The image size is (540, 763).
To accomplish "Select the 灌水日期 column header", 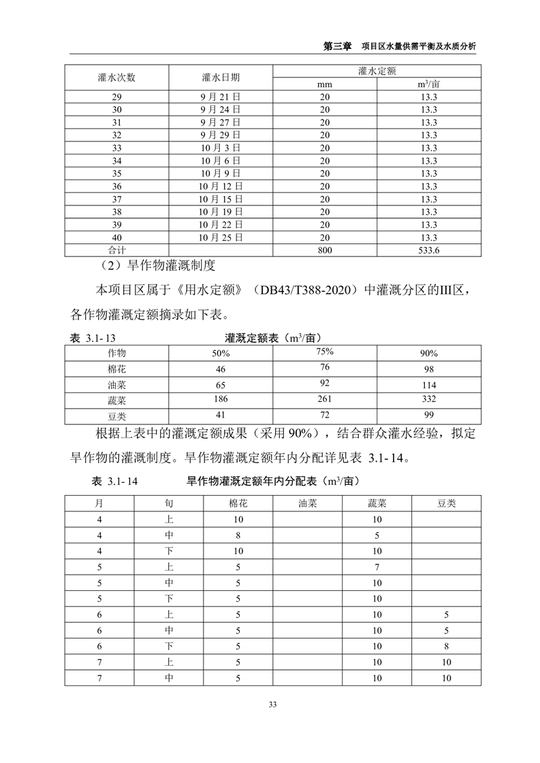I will [221, 77].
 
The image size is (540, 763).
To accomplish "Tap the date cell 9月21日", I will [221, 97].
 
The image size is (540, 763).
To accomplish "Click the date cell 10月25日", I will [221, 237].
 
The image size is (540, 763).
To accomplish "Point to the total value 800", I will [324, 250].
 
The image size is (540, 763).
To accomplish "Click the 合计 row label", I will [117, 250].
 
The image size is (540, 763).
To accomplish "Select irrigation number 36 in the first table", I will [117, 186].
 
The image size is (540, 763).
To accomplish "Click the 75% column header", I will [324, 352].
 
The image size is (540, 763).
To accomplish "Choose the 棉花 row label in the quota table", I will [117, 369].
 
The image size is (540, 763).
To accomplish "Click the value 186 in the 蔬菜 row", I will [220, 399].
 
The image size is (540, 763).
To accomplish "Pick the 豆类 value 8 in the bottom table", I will [447, 646].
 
